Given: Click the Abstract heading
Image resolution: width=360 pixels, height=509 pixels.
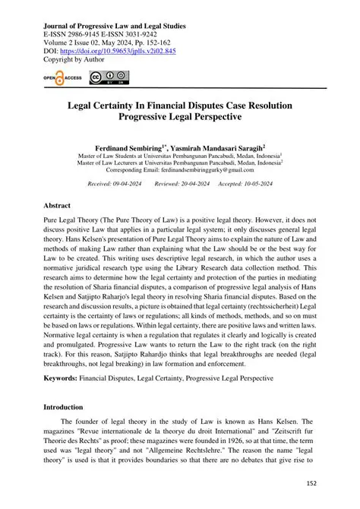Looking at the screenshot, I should pyautogui.click(x=56, y=206).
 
